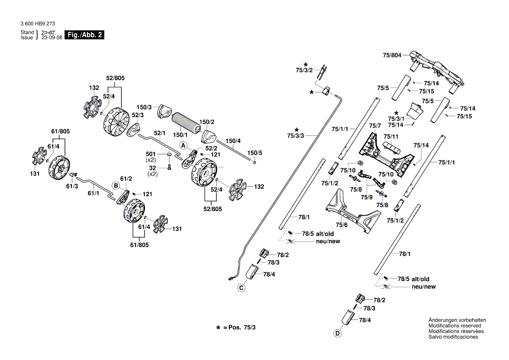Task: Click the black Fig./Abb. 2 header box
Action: click(84, 35)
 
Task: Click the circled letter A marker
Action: click(183, 145)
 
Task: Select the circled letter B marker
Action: click(116, 185)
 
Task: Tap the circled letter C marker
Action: click(241, 287)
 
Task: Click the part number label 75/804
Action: click(392, 55)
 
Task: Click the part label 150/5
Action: click(255, 153)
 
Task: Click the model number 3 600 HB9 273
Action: click(37, 24)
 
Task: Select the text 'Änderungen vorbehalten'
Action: click(457, 320)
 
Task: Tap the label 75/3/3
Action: click(296, 136)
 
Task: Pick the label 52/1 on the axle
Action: click(160, 133)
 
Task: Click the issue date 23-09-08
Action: click(51, 37)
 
